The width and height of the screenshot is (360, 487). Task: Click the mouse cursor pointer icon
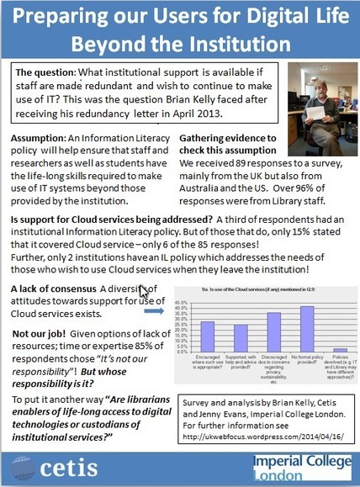(144, 292)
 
